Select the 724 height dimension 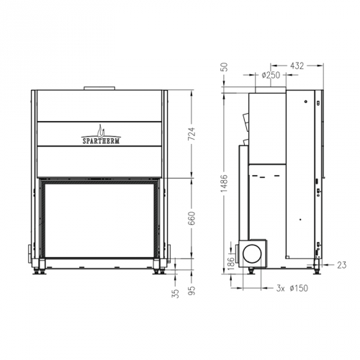tap(191, 133)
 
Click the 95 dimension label tap(192, 292)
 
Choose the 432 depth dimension tap(295, 65)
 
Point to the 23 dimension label tap(341, 265)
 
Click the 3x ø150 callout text tap(292, 288)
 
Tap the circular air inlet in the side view tap(253, 253)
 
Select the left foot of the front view tap(38, 272)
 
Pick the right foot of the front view tap(158, 272)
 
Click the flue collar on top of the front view tap(101, 89)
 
